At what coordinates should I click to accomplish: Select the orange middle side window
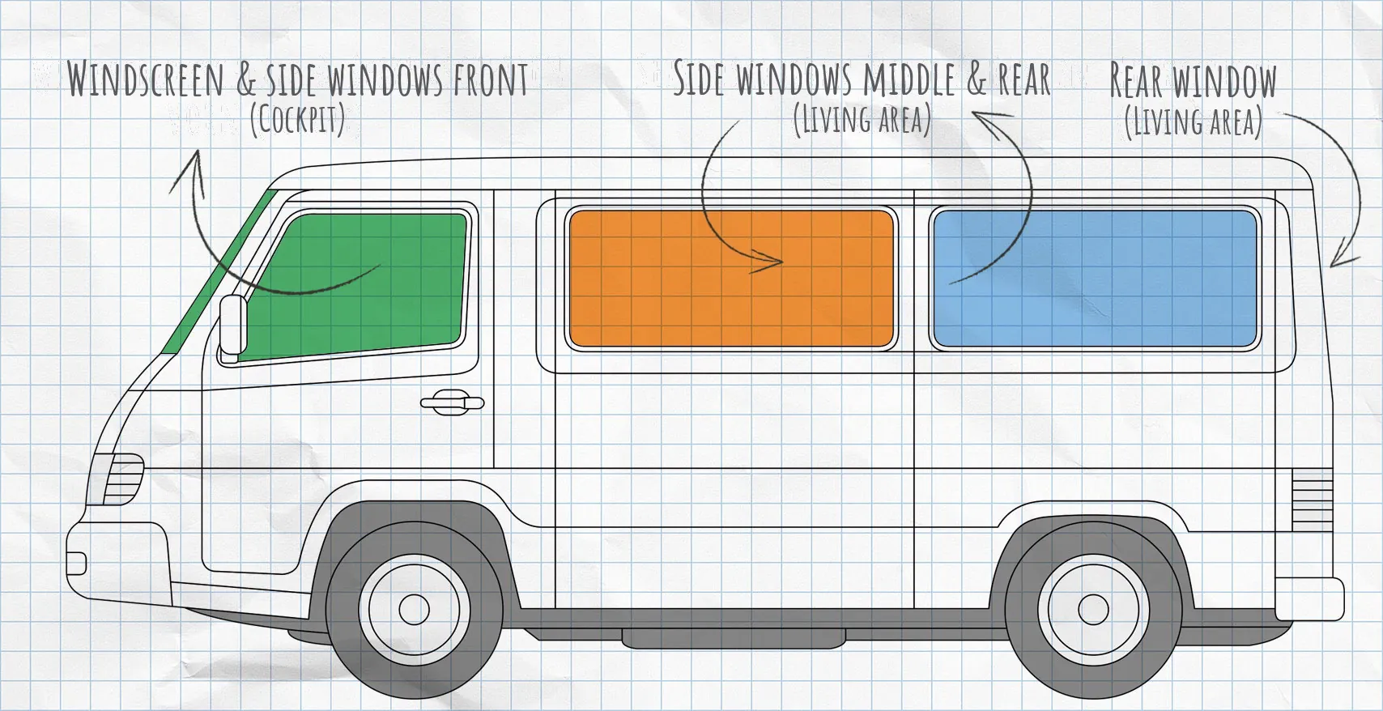[x=731, y=279]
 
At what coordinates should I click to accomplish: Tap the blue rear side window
[x=1096, y=278]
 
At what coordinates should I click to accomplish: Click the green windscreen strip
[x=219, y=272]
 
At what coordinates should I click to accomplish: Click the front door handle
[x=452, y=402]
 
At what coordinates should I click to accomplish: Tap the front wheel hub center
[x=414, y=609]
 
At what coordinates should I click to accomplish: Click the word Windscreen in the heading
[x=145, y=79]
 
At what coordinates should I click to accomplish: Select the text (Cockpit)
[x=298, y=120]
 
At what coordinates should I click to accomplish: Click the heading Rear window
[x=1193, y=79]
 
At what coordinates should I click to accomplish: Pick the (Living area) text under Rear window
[x=1193, y=122]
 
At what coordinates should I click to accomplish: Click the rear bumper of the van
[x=1309, y=598]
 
